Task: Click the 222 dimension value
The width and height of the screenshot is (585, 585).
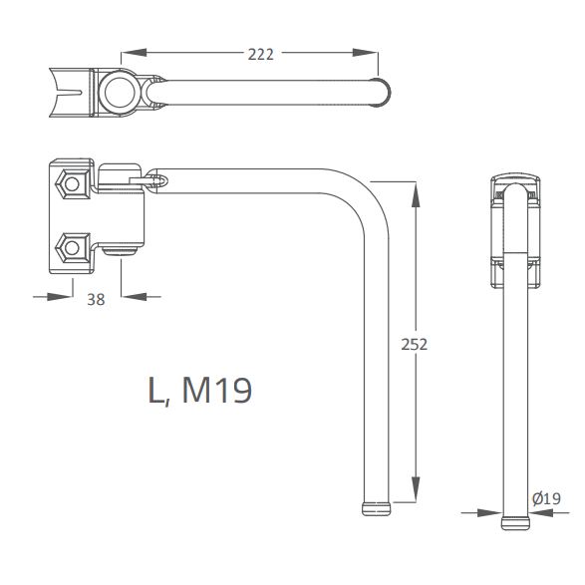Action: (x=261, y=55)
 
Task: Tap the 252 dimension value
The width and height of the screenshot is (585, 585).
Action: (x=415, y=344)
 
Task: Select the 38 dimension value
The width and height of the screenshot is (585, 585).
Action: (x=96, y=299)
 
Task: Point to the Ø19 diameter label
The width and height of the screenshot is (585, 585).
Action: (x=546, y=498)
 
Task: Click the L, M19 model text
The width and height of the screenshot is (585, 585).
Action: (x=200, y=391)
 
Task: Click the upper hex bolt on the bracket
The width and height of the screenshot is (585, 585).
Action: (x=73, y=184)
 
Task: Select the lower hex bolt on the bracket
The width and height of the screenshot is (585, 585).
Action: (x=73, y=248)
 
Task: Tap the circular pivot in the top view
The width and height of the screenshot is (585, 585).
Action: (x=121, y=92)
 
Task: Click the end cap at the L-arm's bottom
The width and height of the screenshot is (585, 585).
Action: (x=376, y=509)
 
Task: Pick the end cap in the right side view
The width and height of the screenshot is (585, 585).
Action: (x=515, y=523)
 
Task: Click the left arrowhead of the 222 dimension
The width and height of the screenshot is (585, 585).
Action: (x=133, y=53)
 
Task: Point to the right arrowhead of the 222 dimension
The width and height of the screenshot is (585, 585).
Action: (x=366, y=53)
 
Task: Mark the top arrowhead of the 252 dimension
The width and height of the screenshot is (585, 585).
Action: (x=416, y=194)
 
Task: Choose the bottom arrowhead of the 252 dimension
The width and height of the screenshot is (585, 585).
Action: (x=416, y=489)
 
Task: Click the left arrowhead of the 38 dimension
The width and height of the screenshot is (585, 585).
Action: (x=60, y=297)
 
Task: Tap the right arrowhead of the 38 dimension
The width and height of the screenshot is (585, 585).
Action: (x=134, y=297)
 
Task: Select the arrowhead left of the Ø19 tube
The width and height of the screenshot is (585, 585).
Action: (x=489, y=512)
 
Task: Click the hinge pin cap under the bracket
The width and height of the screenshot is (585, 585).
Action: (x=120, y=252)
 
